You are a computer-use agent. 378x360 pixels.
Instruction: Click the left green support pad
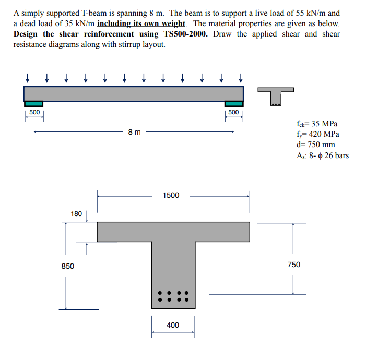[x=34, y=104]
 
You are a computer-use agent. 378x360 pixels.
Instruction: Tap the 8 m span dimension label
[x=134, y=132]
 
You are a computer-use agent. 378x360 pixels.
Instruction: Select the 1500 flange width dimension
[x=171, y=195]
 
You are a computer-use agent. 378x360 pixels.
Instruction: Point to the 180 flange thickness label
[x=76, y=213]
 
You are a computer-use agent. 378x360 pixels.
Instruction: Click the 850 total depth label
[x=68, y=266]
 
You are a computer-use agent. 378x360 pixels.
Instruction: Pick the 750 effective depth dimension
[x=294, y=265]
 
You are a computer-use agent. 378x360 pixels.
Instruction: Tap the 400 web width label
[x=173, y=325]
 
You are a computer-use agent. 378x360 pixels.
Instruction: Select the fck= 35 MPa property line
[x=316, y=124]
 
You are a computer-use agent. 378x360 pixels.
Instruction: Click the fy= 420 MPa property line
[x=316, y=134]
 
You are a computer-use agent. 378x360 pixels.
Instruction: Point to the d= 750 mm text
[x=315, y=145]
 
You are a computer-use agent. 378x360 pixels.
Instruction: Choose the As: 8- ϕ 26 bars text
[x=322, y=155]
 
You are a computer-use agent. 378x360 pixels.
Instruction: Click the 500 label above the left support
[x=34, y=112]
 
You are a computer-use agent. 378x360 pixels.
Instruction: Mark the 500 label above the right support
[x=233, y=112]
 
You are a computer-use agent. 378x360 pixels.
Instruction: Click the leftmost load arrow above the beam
[x=27, y=78]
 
